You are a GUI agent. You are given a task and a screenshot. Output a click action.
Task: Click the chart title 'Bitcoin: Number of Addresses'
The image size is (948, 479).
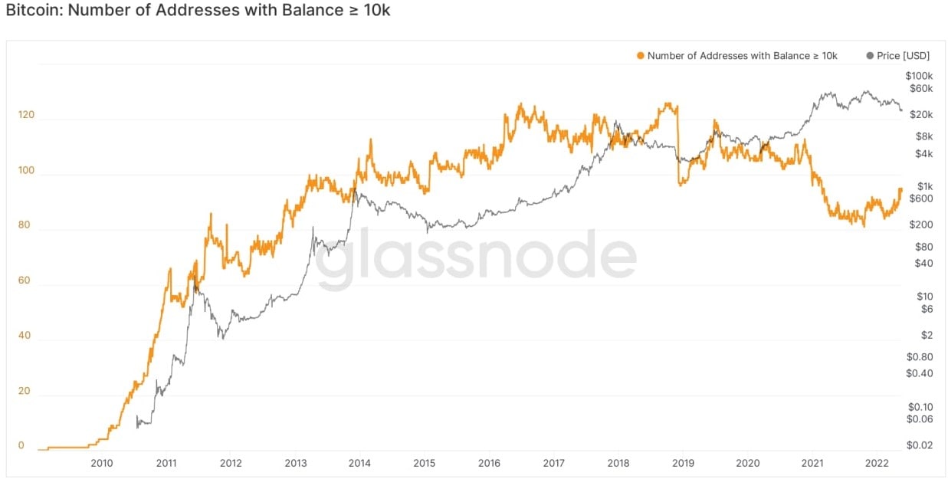[198, 11]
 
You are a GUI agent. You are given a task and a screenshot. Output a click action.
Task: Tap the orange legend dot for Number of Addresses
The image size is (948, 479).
[640, 56]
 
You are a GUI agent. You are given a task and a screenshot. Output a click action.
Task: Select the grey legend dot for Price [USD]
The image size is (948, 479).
[869, 56]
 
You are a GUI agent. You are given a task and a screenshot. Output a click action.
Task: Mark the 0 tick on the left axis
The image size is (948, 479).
[21, 445]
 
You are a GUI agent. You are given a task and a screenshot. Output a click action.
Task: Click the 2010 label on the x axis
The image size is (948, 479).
[102, 463]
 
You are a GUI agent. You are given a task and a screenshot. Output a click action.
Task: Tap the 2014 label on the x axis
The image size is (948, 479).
[359, 463]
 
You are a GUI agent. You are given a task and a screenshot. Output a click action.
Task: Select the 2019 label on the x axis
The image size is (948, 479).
[683, 463]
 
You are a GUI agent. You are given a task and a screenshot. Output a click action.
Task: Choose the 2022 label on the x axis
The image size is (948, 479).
[877, 463]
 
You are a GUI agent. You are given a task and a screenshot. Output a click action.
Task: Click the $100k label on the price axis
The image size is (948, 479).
[919, 76]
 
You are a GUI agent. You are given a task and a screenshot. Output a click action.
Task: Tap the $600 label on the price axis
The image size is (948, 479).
[920, 198]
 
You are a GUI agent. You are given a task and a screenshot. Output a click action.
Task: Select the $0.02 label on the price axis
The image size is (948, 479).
[919, 445]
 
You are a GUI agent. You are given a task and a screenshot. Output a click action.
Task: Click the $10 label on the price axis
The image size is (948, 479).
[925, 297]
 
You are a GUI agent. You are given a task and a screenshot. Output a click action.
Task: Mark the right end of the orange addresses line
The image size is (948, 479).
[901, 189]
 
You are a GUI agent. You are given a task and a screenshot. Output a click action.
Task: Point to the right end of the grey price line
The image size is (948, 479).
[901, 110]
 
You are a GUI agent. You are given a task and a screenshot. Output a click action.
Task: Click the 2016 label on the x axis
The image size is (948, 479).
[489, 463]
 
